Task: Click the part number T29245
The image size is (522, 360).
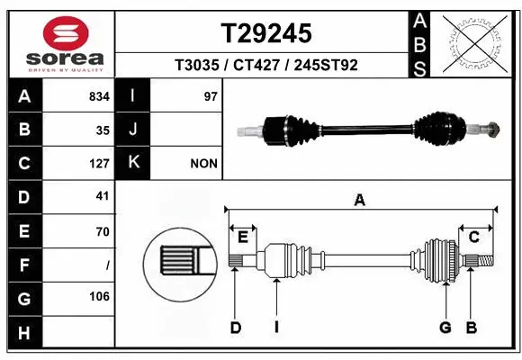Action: pos(266,33)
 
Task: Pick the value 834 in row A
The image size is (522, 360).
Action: pos(99,96)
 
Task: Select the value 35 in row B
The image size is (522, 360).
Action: pos(103,130)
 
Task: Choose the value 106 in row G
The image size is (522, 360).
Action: pos(99,296)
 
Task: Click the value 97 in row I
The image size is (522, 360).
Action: pos(211,96)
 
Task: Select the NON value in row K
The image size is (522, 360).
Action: pos(203,164)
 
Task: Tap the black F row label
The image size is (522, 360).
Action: pos(23,265)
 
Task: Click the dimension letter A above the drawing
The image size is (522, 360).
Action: pos(360,201)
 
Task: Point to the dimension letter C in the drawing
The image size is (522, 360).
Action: pos(473,237)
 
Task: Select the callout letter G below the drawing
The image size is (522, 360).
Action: pos(445,328)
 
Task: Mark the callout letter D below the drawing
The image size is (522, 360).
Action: pos(236,328)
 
